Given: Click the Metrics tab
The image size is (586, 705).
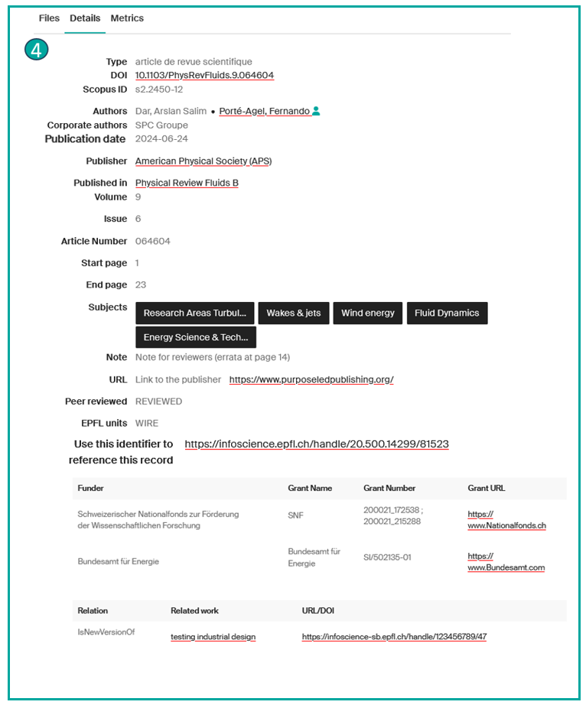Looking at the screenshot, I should [127, 18].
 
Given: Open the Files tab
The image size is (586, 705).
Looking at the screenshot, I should [49, 18].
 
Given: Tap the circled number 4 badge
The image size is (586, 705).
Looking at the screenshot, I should [36, 50].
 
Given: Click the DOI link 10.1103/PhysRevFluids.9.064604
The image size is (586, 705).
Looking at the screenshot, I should [204, 75].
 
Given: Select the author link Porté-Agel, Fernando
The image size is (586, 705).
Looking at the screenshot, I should [264, 112].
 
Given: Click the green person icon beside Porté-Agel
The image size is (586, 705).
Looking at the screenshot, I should [317, 112].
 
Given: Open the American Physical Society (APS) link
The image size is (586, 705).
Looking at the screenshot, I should [203, 161].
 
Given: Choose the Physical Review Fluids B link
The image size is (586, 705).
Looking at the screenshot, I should [187, 184].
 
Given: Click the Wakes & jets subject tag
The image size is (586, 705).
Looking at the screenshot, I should [293, 313].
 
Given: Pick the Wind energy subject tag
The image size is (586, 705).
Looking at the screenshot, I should [367, 313].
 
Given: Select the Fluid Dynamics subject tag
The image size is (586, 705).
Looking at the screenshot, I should [447, 313].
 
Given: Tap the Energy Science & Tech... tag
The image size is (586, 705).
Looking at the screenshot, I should [195, 337].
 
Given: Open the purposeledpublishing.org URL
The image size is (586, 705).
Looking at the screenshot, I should [311, 379].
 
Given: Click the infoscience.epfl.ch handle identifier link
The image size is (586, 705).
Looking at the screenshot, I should [317, 443].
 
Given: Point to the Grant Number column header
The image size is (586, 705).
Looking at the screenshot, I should [389, 488].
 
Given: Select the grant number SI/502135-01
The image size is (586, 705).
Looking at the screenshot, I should [387, 557].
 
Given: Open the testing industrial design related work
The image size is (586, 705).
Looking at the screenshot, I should [213, 637].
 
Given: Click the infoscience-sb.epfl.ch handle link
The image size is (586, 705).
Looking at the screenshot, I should [394, 637].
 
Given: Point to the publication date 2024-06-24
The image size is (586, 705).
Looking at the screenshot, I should [161, 139].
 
